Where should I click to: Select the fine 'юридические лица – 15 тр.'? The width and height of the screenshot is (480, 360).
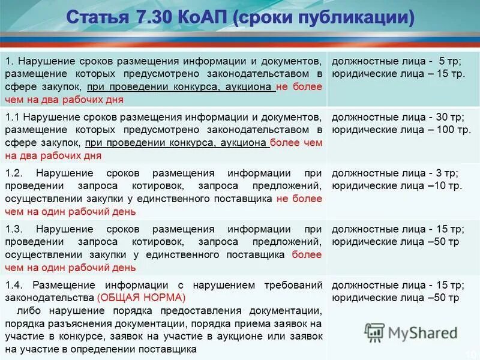398,73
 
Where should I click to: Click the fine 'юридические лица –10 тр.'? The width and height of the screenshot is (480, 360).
396,186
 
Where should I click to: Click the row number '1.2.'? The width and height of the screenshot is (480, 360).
14,173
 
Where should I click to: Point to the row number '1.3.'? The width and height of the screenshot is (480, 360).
14,229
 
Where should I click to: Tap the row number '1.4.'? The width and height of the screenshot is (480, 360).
14,285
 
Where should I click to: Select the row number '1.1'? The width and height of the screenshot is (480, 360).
13,116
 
